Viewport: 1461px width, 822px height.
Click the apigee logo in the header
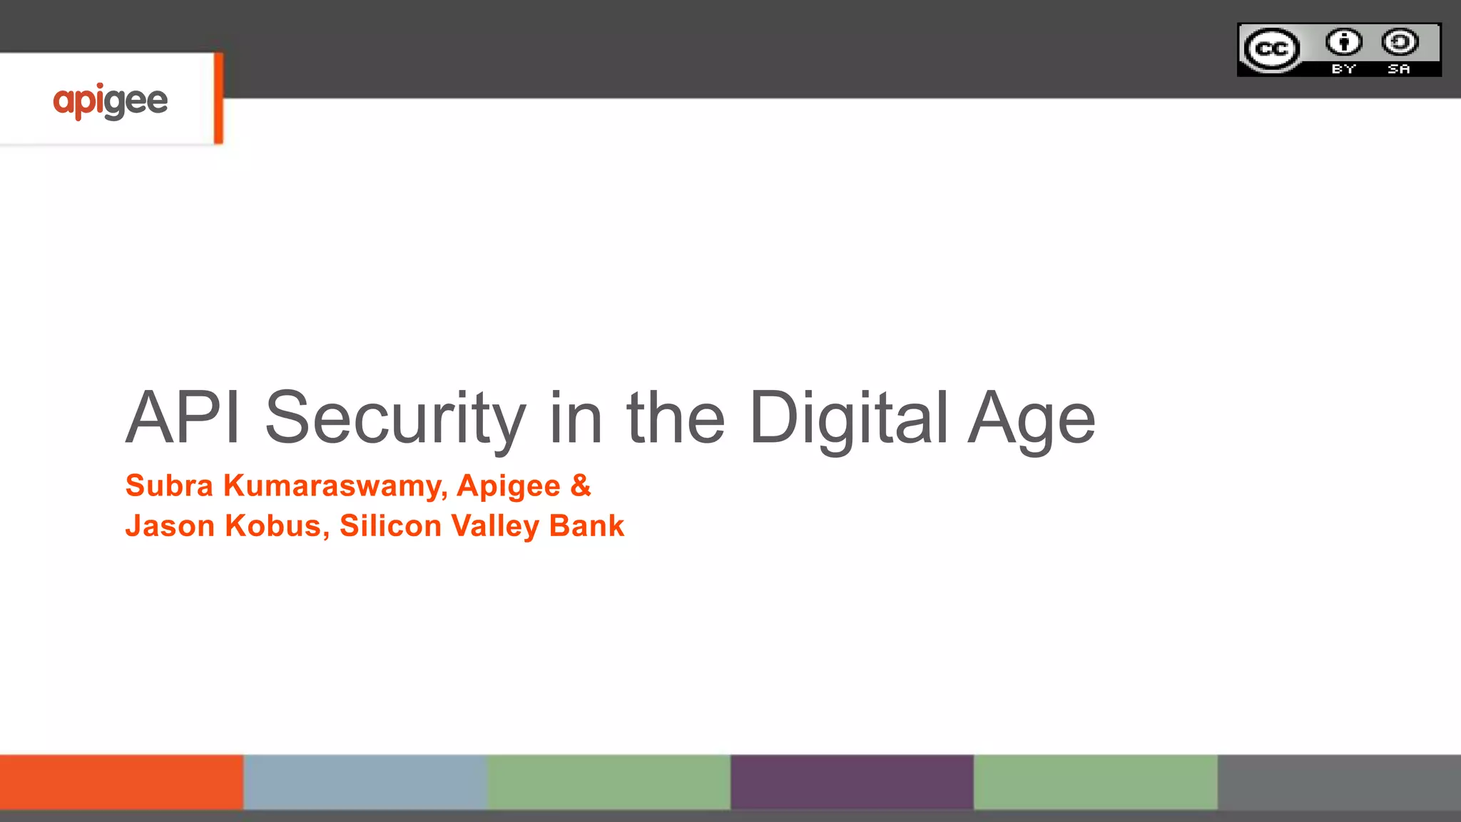click(x=111, y=101)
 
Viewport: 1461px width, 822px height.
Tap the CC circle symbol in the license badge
click(x=1271, y=49)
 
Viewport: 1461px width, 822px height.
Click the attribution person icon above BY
click(x=1344, y=42)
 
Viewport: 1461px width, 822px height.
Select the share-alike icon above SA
click(x=1400, y=42)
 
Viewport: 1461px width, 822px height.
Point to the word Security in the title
click(x=395, y=419)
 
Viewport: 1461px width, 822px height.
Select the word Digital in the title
click(x=849, y=419)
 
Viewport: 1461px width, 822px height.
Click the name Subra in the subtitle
click(x=169, y=486)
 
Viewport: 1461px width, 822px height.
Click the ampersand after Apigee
click(x=581, y=486)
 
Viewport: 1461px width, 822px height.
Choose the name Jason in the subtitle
click(x=170, y=526)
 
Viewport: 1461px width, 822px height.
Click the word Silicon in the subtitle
click(x=390, y=526)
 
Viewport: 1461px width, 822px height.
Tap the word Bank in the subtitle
click(x=586, y=526)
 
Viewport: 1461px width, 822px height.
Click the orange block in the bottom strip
click(x=121, y=782)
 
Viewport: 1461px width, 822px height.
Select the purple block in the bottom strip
click(x=852, y=782)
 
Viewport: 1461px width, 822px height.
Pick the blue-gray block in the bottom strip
click(x=365, y=782)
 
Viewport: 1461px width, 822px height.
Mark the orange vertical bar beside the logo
click(x=218, y=98)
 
